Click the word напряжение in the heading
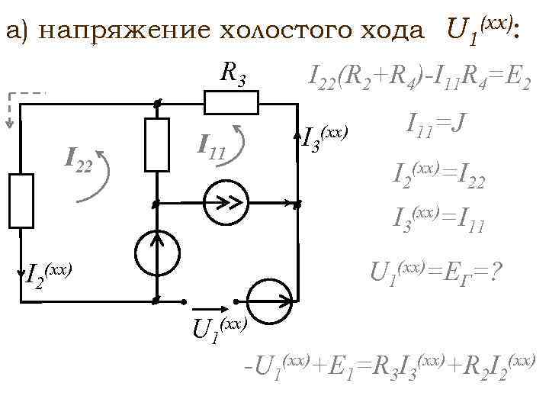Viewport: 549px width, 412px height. (122, 31)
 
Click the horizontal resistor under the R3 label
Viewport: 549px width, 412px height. (232, 101)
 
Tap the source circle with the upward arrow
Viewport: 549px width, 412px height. (158, 252)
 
